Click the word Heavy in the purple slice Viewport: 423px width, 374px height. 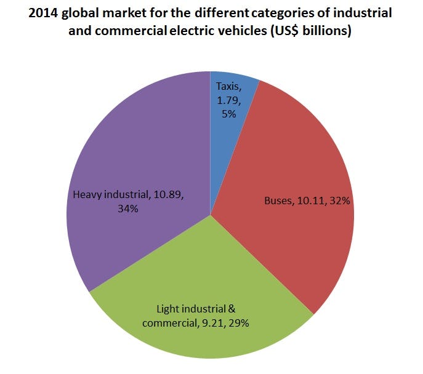87,195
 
